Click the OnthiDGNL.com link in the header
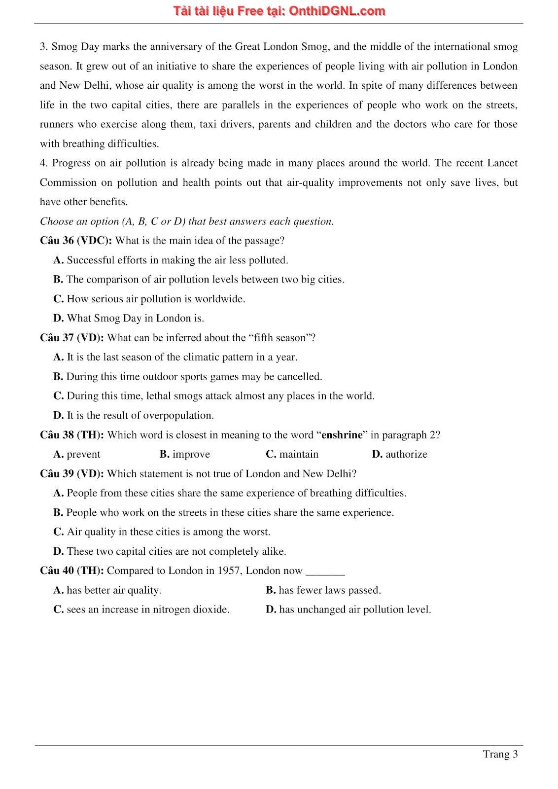[x=337, y=11]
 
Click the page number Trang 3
[x=500, y=754]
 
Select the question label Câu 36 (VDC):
[x=76, y=241]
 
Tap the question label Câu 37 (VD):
[x=72, y=338]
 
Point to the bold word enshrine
[x=342, y=435]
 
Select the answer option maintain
[x=298, y=454]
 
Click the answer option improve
[x=191, y=454]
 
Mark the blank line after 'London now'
[x=325, y=571]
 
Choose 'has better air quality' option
[x=113, y=590]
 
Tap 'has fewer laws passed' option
[x=329, y=590]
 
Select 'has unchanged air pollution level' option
[x=354, y=610]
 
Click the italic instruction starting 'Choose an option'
[x=187, y=221]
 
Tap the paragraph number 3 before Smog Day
[x=43, y=47]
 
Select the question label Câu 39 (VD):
[x=72, y=474]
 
